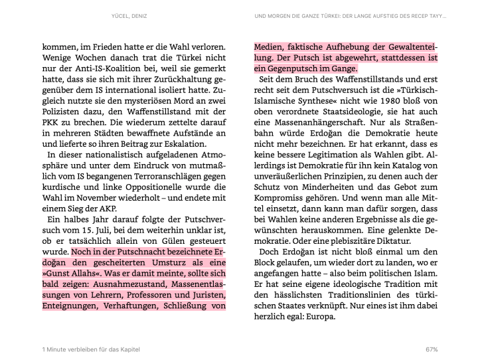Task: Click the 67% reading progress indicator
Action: (x=432, y=349)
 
